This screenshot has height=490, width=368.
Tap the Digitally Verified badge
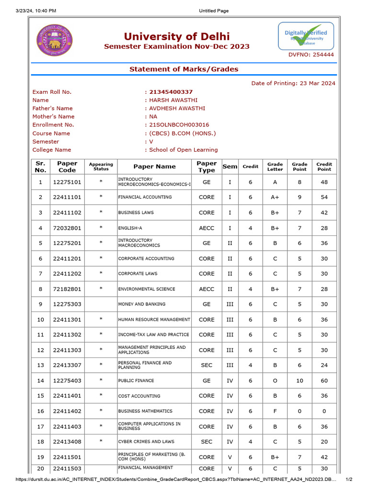point(306,36)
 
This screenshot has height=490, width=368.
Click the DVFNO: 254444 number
point(311,55)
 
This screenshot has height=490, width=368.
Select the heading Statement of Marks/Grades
point(184,69)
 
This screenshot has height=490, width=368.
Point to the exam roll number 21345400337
point(171,92)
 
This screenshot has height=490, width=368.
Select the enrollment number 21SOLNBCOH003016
point(179,125)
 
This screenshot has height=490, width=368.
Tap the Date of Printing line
point(293,83)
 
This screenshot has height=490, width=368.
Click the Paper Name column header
point(154,167)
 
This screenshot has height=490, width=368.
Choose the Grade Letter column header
point(275,167)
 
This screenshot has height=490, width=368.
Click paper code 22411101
point(67,197)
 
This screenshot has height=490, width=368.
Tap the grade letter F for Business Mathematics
point(275,411)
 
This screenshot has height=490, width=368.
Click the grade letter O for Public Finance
point(275,380)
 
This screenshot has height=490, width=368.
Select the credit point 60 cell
point(324,380)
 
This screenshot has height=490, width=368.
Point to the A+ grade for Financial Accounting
point(275,197)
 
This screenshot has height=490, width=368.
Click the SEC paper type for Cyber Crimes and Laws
point(207,442)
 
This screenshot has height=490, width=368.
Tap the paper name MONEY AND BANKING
point(142,304)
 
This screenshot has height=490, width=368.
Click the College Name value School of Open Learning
point(184,150)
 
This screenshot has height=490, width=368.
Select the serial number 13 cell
point(41,365)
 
